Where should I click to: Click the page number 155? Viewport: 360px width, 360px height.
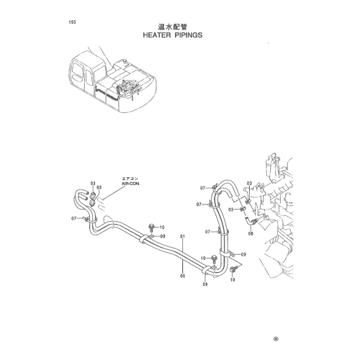tap(72, 22)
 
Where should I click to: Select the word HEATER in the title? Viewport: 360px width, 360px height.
tap(157, 35)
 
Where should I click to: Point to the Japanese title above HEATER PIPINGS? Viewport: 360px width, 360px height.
tap(172, 27)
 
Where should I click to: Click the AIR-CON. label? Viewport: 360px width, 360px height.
tap(130, 184)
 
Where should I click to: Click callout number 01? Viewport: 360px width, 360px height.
tap(183, 236)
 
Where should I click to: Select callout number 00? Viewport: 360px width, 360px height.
tap(183, 276)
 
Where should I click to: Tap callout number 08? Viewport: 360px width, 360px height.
tap(251, 233)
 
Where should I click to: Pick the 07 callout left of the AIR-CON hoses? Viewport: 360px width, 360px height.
tap(73, 218)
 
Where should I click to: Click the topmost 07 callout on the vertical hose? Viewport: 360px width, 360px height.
tap(203, 188)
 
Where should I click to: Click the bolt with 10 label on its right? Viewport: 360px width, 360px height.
tap(151, 227)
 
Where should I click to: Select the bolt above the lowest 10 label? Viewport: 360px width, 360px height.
tap(233, 269)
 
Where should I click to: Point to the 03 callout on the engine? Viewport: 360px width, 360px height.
tap(250, 184)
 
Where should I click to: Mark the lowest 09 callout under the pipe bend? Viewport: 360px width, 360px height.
tap(205, 284)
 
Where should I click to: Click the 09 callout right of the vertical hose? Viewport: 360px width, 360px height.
tap(243, 254)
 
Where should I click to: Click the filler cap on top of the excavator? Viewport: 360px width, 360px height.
tap(125, 60)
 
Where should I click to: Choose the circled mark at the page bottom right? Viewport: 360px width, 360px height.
tap(276, 339)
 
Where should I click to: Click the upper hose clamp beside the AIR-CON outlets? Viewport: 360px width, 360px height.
tap(92, 197)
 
